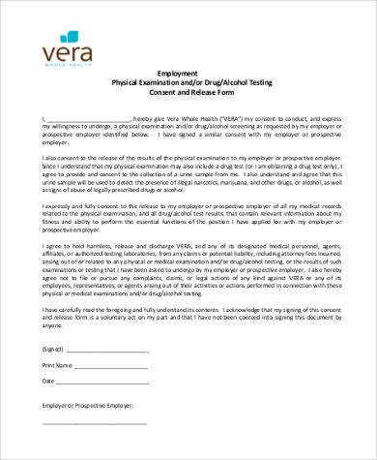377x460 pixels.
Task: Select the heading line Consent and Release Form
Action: [x=188, y=94]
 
